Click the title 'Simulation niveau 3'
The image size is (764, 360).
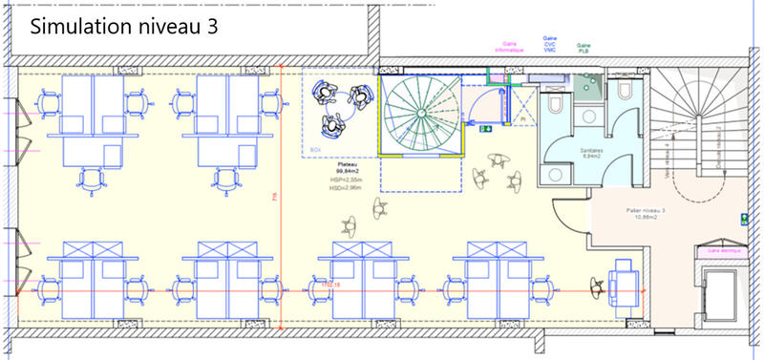point(124,27)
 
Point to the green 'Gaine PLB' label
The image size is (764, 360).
point(583,47)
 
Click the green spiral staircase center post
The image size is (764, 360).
point(420,115)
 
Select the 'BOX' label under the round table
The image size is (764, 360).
point(316,150)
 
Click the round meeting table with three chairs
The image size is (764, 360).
point(340,106)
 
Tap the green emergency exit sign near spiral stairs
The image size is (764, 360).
point(486,127)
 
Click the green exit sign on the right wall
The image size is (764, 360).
point(743,220)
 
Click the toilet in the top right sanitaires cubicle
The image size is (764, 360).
point(626,91)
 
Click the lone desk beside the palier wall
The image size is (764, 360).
point(626,282)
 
